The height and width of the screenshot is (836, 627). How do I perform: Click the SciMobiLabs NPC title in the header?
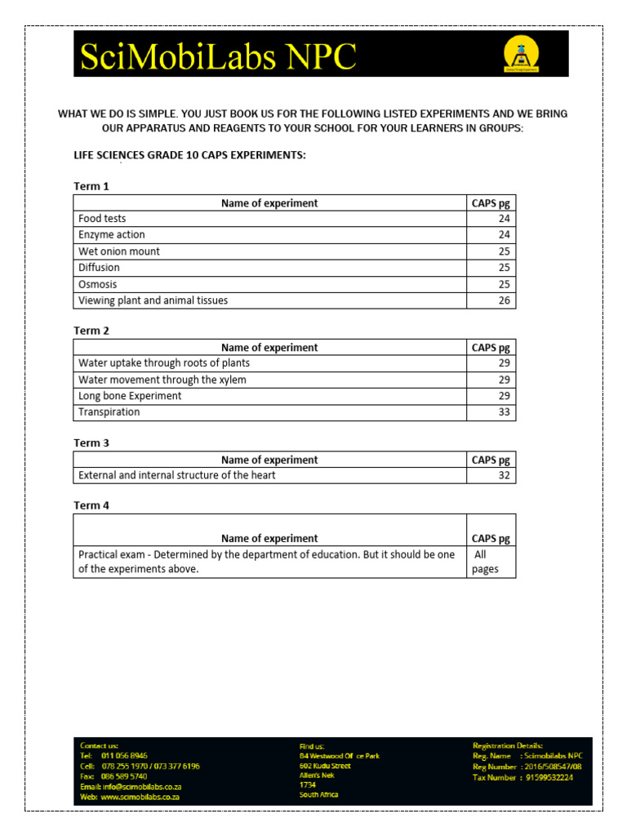click(x=218, y=56)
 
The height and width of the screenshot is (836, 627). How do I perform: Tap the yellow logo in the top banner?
click(x=520, y=55)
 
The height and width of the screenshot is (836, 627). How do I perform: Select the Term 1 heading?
click(x=91, y=186)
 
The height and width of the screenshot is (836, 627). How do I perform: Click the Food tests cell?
click(x=102, y=219)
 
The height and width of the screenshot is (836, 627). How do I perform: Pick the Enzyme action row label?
click(x=111, y=235)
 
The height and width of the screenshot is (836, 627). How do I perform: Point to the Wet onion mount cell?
click(x=119, y=251)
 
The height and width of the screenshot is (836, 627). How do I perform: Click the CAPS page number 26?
click(x=504, y=300)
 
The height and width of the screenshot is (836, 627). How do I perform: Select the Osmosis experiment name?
click(x=97, y=284)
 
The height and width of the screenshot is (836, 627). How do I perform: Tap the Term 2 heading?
click(x=91, y=331)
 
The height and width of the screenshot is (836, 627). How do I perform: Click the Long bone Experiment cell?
click(x=130, y=396)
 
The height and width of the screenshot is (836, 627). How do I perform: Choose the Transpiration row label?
click(x=109, y=412)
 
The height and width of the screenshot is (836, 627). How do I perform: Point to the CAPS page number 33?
click(x=504, y=412)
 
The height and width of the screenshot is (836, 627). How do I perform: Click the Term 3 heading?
click(x=91, y=443)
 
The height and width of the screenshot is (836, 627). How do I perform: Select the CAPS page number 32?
click(x=504, y=475)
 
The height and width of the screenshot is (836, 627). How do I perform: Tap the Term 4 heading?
click(x=91, y=505)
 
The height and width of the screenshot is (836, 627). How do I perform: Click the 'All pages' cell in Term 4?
click(x=485, y=562)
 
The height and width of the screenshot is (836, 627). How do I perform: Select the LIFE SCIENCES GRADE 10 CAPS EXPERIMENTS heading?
click(x=190, y=155)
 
